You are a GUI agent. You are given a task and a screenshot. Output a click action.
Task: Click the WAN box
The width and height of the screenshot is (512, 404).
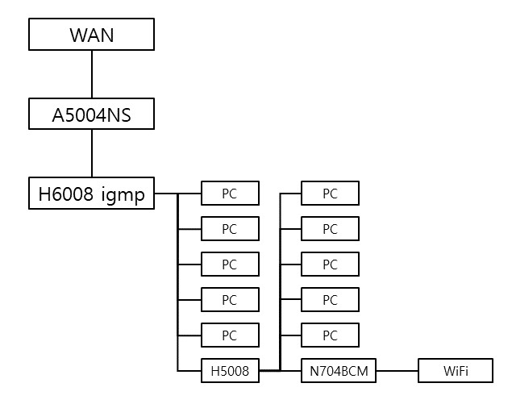pos(91,35)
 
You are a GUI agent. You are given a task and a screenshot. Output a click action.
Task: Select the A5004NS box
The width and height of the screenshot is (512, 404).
pos(91,114)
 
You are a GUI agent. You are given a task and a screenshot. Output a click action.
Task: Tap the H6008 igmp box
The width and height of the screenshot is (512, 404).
pos(91,194)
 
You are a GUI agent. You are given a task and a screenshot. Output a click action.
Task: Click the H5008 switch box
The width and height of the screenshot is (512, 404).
pos(231,371)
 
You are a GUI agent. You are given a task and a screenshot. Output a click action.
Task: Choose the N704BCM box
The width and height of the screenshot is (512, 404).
pos(339,371)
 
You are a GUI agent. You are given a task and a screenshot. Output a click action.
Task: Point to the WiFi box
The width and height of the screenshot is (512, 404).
pos(456,371)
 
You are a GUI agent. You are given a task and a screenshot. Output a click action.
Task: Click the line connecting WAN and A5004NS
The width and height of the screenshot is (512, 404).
pos(92,74)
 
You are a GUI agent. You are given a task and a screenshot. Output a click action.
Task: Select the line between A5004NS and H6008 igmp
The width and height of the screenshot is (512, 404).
pos(92,153)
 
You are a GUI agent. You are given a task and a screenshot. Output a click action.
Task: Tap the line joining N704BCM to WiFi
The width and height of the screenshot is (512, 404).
pos(397,371)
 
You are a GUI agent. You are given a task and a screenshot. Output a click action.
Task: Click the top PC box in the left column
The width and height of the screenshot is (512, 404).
pos(231,194)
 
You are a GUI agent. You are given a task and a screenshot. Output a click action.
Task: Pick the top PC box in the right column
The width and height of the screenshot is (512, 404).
pos(330,194)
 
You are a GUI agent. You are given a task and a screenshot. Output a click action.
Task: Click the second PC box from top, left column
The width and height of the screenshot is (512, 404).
pos(231,229)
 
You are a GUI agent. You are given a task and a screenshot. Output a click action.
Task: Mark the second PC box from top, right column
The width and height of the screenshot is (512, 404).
pos(330,229)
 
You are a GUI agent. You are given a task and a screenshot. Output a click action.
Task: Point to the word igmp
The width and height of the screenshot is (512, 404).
pos(123,195)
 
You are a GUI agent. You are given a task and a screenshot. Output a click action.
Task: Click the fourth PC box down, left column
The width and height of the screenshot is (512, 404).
pos(231,299)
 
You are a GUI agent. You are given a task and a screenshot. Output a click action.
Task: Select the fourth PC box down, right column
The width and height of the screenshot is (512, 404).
pos(330,299)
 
